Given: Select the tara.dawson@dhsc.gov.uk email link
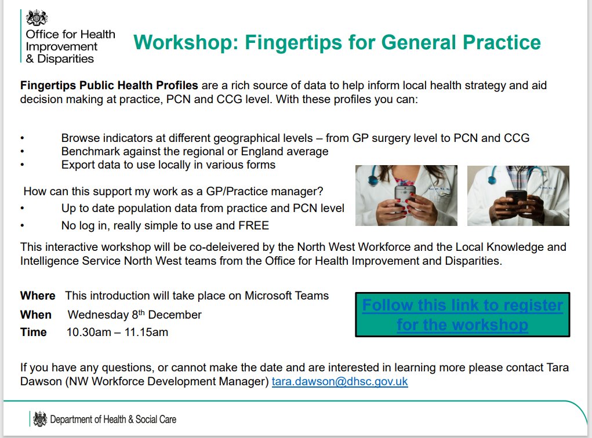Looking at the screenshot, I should [x=340, y=382].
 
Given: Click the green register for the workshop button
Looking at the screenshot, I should [x=462, y=315].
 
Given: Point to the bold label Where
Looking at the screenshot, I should [x=38, y=296].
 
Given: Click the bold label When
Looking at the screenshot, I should [x=36, y=315].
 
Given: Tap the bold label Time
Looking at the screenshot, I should [x=34, y=333].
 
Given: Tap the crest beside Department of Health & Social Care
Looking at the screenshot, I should [x=40, y=419].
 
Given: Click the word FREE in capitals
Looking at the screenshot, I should [x=255, y=225].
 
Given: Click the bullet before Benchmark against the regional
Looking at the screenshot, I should [x=22, y=152].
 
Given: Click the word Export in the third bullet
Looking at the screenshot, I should [x=79, y=165].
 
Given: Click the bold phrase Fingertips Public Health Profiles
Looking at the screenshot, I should [x=109, y=86].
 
